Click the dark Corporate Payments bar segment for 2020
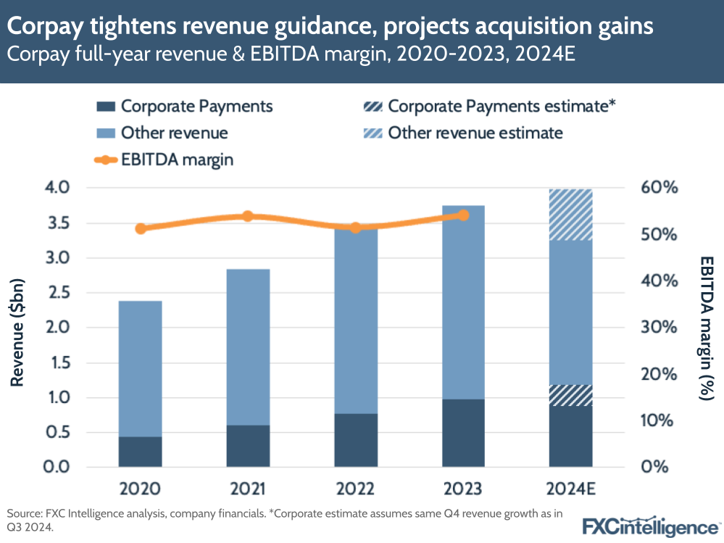(x=140, y=451)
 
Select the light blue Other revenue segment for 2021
(x=248, y=347)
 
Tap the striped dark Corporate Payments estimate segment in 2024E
(x=571, y=395)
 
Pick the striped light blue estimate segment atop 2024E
(x=571, y=214)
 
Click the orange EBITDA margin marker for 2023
(x=464, y=215)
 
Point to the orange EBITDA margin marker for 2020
(x=141, y=228)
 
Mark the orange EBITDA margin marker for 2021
(x=247, y=216)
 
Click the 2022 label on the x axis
(x=355, y=488)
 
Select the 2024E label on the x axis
(x=571, y=488)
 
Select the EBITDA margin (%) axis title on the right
(x=707, y=327)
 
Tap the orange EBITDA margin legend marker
(x=106, y=159)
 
